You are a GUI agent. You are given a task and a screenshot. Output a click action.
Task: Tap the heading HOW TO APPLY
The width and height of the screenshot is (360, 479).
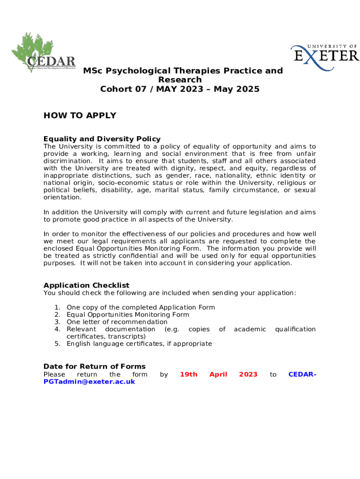coord(79,116)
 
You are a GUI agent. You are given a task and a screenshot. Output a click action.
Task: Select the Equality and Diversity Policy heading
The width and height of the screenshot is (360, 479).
coord(102,139)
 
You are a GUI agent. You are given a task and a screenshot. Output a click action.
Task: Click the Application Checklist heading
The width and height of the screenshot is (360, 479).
coord(86,285)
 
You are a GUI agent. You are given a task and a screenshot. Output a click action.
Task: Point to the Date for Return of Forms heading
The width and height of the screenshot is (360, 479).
coord(94,366)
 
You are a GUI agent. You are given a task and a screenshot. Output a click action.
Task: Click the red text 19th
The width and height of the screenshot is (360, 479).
coord(188,374)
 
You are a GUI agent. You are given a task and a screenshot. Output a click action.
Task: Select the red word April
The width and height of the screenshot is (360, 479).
coord(218,374)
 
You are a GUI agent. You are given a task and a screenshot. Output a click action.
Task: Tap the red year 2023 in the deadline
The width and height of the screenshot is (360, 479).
coord(248,374)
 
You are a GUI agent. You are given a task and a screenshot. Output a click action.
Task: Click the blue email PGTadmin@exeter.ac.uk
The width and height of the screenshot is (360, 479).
coord(89,382)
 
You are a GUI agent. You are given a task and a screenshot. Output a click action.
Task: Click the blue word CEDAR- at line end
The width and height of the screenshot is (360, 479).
coord(302,374)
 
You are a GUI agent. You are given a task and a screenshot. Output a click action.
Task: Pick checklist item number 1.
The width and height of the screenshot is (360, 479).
coord(141,307)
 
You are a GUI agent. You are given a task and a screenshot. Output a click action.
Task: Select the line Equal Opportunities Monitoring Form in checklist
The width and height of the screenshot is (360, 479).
coord(128,315)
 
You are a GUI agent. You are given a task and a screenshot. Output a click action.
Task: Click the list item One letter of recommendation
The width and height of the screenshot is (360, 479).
coord(117,322)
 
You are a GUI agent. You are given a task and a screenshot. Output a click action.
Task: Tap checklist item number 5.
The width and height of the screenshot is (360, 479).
coord(139,344)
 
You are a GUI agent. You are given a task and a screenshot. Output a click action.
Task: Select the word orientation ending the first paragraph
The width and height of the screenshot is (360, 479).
coord(62,197)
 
